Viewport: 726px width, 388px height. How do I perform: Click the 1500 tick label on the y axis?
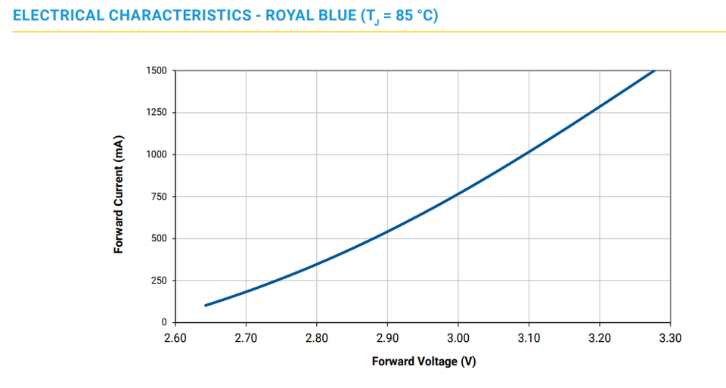(x=157, y=71)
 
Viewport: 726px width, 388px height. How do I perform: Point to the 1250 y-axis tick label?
(x=157, y=113)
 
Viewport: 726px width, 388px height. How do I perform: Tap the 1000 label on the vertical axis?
(x=157, y=155)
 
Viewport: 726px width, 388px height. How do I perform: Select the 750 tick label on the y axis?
(x=160, y=197)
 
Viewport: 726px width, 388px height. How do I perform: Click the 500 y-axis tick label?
(x=160, y=239)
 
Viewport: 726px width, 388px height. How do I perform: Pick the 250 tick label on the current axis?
(x=160, y=281)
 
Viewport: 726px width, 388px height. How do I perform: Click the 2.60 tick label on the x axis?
(x=175, y=338)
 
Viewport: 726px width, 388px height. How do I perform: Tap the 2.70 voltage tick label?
(x=246, y=338)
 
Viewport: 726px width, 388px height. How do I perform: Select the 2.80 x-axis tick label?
(x=317, y=338)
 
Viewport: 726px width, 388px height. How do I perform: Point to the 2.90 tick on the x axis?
(x=387, y=338)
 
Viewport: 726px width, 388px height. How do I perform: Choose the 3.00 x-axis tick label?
(x=458, y=338)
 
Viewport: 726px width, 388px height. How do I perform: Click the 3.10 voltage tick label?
(x=529, y=338)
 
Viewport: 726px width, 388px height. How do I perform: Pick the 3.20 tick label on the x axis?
(x=600, y=338)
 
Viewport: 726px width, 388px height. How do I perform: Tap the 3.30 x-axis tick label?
(x=670, y=338)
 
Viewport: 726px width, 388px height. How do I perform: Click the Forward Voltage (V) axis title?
(x=423, y=362)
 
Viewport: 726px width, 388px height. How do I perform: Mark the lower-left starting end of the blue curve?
(x=206, y=306)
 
